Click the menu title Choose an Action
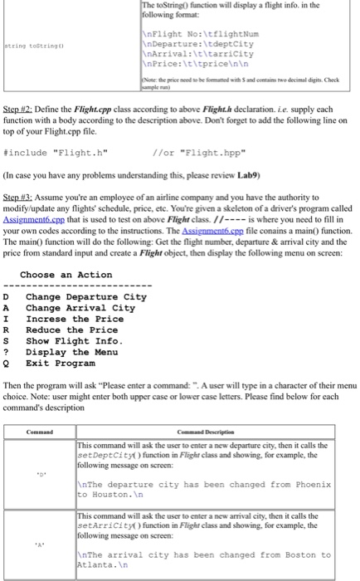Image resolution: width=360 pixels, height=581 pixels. [66, 275]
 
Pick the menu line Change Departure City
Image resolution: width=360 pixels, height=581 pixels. [86, 297]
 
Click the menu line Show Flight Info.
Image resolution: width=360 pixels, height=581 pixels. [80, 340]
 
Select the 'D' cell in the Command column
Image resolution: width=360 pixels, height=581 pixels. [39, 479]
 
